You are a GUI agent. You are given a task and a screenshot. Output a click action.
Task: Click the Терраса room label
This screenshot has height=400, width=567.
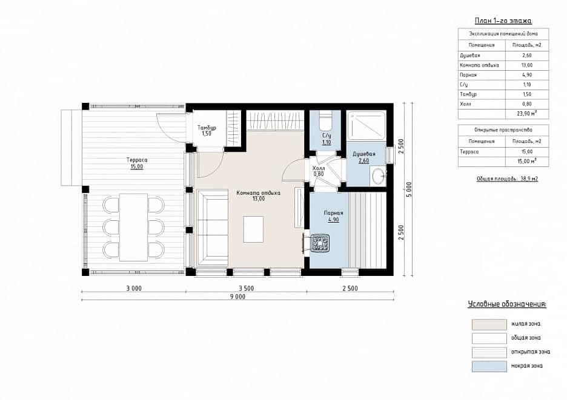pos(137,160)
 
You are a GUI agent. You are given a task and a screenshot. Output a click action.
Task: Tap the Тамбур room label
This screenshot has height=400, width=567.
pos(207,128)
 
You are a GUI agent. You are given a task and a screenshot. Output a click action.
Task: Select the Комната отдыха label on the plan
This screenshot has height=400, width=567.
pos(258,193)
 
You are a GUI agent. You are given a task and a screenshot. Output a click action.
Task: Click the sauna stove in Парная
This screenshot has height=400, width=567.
pos(320,243)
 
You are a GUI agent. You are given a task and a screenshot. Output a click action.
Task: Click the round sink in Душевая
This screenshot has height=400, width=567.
pos(378,176)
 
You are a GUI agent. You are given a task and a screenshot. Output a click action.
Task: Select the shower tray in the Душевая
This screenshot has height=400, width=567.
pos(366,125)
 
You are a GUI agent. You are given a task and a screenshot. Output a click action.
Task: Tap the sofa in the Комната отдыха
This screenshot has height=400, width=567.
pos(212,228)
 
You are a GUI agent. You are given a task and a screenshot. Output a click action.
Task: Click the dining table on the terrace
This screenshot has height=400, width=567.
pos(133,228)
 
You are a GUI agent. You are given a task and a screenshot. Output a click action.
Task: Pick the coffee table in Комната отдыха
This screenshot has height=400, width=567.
pos(253,229)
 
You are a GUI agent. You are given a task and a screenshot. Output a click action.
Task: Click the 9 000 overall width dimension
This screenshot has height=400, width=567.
pos(237,297)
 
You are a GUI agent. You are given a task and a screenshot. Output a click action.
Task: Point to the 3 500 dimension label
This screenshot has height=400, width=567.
pos(246,288)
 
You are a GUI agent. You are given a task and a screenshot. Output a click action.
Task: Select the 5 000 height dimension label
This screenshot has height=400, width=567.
pos(409,189)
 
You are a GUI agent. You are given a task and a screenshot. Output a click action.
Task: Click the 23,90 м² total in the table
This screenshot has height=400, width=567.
pos(527,113)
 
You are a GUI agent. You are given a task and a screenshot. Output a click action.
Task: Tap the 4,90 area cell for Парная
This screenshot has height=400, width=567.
pos(527,75)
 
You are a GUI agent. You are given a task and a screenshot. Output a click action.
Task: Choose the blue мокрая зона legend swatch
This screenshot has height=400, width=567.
pos(489,366)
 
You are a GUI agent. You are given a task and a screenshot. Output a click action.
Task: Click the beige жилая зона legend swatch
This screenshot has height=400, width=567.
pos(489,324)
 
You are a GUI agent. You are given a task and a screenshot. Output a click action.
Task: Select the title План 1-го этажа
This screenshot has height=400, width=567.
pos(503,21)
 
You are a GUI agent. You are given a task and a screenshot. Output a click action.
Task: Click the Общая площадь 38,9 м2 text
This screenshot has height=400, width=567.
pos(508,179)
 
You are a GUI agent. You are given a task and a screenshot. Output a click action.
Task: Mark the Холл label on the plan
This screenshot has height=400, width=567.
pos(319,168)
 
